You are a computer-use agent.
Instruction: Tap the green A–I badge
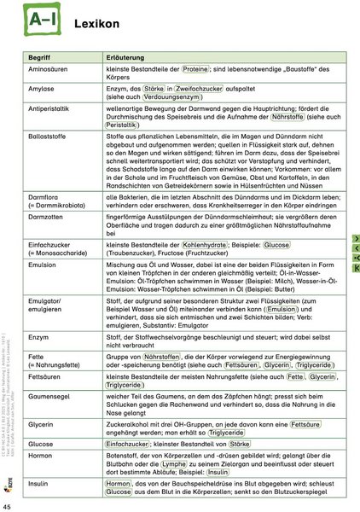coord(38,20)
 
